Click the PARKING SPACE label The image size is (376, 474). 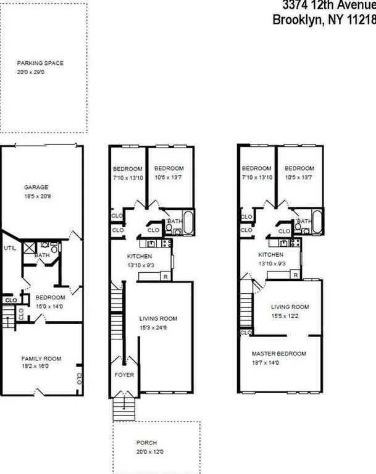click(40, 63)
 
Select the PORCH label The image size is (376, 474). click(146, 443)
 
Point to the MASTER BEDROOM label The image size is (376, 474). click(279, 354)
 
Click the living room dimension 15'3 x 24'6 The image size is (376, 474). click(159, 327)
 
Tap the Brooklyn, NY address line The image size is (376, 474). click(324, 19)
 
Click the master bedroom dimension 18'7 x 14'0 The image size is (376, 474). click(279, 362)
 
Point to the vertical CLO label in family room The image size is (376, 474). click(79, 378)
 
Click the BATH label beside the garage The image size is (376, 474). click(42, 254)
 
